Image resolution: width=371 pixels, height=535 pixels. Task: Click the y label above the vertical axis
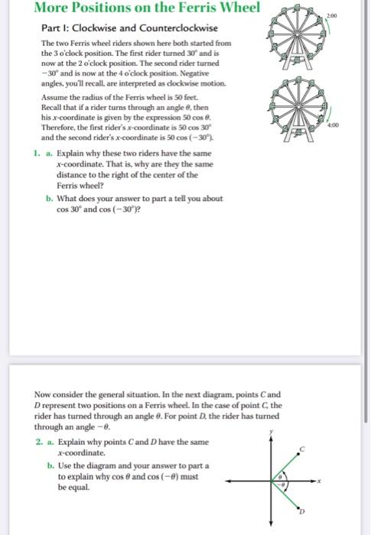click(269, 433)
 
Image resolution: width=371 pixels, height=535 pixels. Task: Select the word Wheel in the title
click(235, 8)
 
